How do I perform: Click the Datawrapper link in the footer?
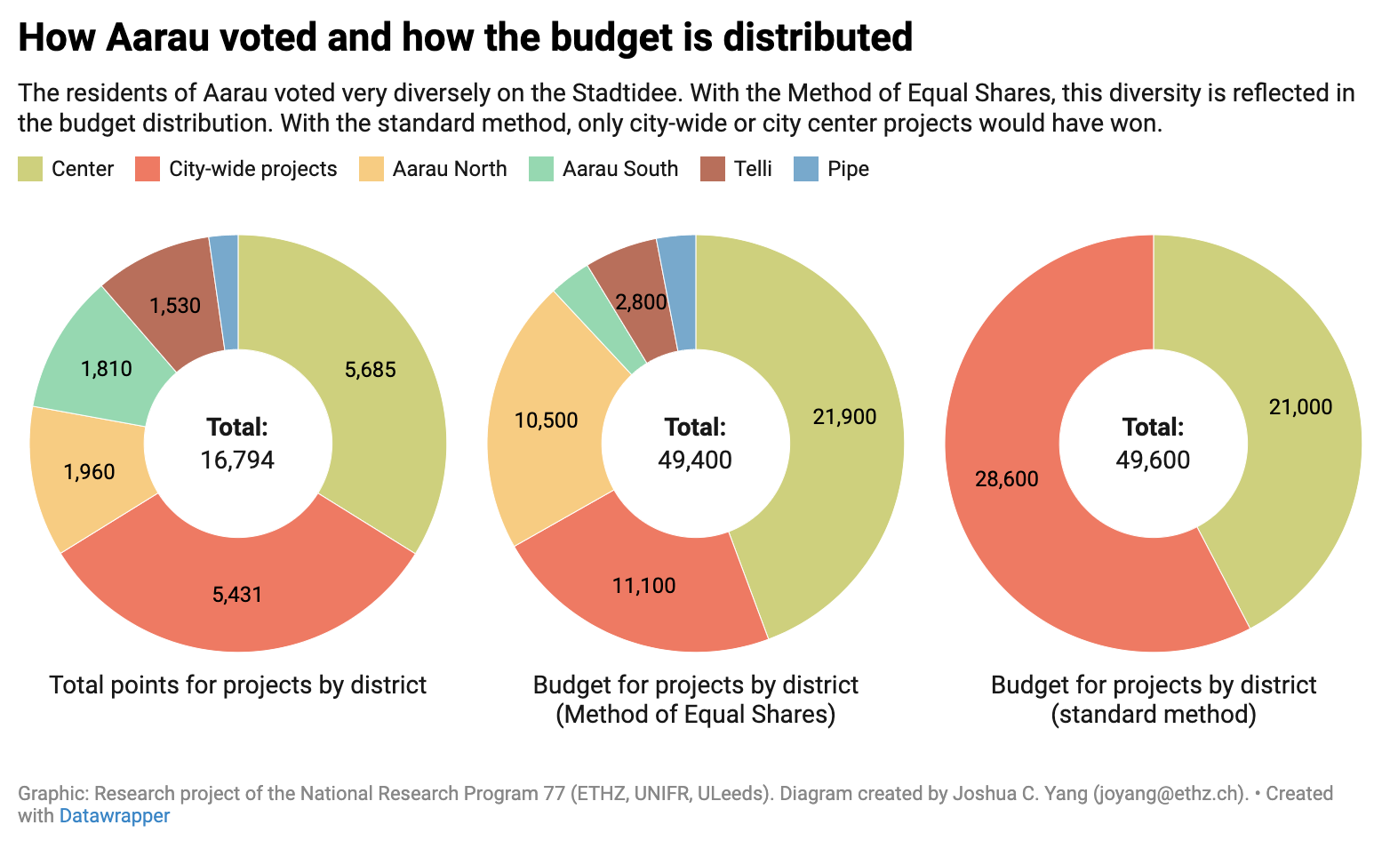tap(114, 815)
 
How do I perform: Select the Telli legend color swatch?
tap(713, 169)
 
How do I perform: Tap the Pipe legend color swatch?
tap(806, 169)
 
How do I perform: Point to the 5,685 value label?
tap(371, 370)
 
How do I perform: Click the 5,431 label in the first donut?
tap(237, 595)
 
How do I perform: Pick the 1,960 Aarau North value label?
tap(89, 472)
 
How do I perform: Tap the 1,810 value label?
tap(107, 369)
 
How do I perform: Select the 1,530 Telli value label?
tap(175, 306)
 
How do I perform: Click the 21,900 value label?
tap(844, 416)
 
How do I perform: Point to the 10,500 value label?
tap(546, 420)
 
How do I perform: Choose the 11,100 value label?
tap(643, 586)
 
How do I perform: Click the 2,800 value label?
tap(641, 302)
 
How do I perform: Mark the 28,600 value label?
tap(1006, 479)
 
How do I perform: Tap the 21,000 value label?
tap(1300, 407)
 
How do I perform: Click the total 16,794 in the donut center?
tap(237, 460)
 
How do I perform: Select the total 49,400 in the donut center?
tap(695, 460)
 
